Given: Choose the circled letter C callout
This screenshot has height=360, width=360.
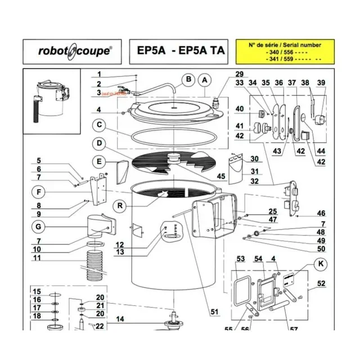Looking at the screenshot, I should click(x=99, y=125).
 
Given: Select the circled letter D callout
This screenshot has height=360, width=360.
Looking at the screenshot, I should click(x=99, y=143).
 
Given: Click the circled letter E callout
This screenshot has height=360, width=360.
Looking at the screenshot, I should click(x=99, y=161).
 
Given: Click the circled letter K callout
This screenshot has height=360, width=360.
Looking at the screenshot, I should click(x=321, y=263).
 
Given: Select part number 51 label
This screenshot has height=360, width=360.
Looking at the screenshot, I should click(x=214, y=313).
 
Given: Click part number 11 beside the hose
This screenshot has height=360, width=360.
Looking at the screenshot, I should click(x=37, y=258).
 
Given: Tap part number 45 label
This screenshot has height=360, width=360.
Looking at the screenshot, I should click(x=220, y=176).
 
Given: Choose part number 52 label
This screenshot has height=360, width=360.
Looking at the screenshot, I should click(x=321, y=283).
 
